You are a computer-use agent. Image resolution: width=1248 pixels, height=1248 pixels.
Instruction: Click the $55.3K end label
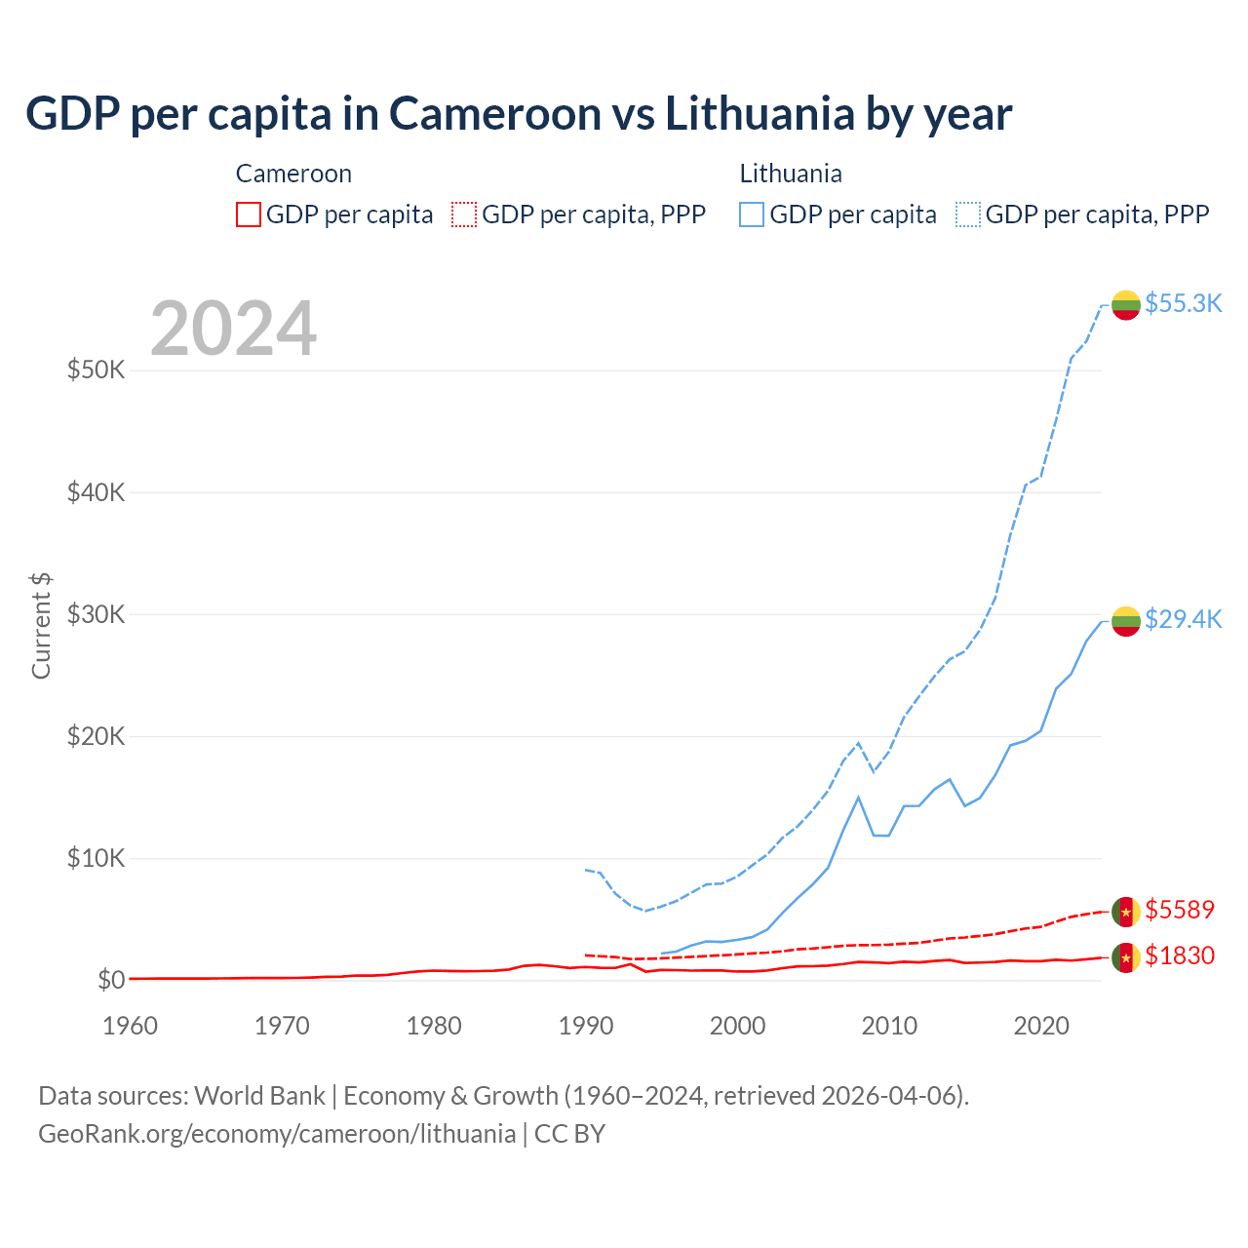1183,303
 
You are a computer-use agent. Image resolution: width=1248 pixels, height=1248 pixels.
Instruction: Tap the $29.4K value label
1183,619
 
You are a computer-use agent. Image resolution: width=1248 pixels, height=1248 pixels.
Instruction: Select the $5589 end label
1180,910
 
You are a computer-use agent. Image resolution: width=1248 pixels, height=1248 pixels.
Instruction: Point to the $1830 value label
1180,955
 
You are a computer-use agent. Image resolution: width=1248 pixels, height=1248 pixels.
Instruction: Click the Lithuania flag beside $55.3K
1126,304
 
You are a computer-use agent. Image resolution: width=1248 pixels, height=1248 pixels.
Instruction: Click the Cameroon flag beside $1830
1126,957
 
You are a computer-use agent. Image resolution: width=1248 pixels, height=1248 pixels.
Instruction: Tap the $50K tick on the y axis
96,370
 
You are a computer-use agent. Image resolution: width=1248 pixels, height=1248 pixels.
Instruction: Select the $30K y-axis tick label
96,614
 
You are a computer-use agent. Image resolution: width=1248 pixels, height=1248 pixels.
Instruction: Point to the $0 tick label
111,980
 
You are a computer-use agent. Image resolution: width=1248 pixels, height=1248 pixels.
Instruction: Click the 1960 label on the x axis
130,1026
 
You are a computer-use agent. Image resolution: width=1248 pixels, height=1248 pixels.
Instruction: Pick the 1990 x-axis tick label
586,1026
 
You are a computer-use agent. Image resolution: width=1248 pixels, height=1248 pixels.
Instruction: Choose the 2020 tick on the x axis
1041,1026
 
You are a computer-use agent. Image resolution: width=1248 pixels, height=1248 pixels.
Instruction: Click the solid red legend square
249,214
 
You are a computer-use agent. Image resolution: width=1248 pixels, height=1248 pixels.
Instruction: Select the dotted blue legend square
968,214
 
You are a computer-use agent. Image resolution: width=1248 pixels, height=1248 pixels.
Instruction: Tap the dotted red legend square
464,214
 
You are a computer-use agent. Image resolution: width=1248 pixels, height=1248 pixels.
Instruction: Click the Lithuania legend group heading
791,174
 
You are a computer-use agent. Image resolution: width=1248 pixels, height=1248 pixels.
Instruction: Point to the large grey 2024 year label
233,329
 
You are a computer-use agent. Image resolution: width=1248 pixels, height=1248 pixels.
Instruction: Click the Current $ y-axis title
41,626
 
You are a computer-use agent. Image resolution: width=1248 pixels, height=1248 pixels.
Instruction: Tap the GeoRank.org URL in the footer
277,1134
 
